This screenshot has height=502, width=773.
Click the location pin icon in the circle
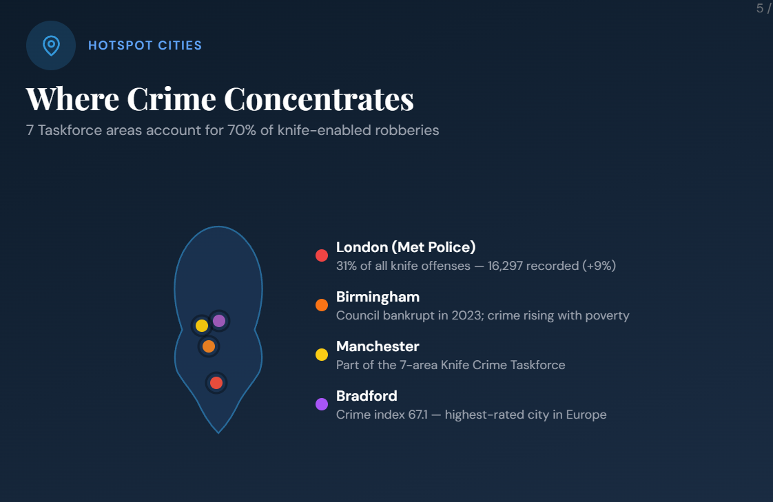(x=51, y=46)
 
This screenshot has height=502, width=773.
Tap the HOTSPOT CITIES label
(x=145, y=45)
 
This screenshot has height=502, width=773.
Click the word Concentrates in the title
(x=319, y=99)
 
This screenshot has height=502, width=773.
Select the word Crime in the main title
(x=172, y=99)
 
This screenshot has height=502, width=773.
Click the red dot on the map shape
(x=216, y=383)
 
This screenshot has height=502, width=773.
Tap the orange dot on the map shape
(x=209, y=346)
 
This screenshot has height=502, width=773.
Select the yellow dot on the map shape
(x=202, y=325)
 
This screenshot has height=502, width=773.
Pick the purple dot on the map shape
(x=219, y=321)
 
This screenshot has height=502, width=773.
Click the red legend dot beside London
(x=322, y=255)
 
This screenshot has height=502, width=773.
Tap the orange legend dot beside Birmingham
(x=322, y=305)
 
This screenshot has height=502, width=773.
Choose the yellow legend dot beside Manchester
(x=322, y=355)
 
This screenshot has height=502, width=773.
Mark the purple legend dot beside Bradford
(x=322, y=404)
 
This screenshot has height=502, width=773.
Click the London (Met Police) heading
(x=406, y=247)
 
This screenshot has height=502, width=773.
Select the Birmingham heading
(x=378, y=297)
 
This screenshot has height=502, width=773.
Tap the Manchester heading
(x=378, y=346)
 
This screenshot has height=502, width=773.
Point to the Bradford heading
(x=367, y=396)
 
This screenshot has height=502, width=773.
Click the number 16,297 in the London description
(x=505, y=266)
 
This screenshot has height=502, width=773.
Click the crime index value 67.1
(x=418, y=415)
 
